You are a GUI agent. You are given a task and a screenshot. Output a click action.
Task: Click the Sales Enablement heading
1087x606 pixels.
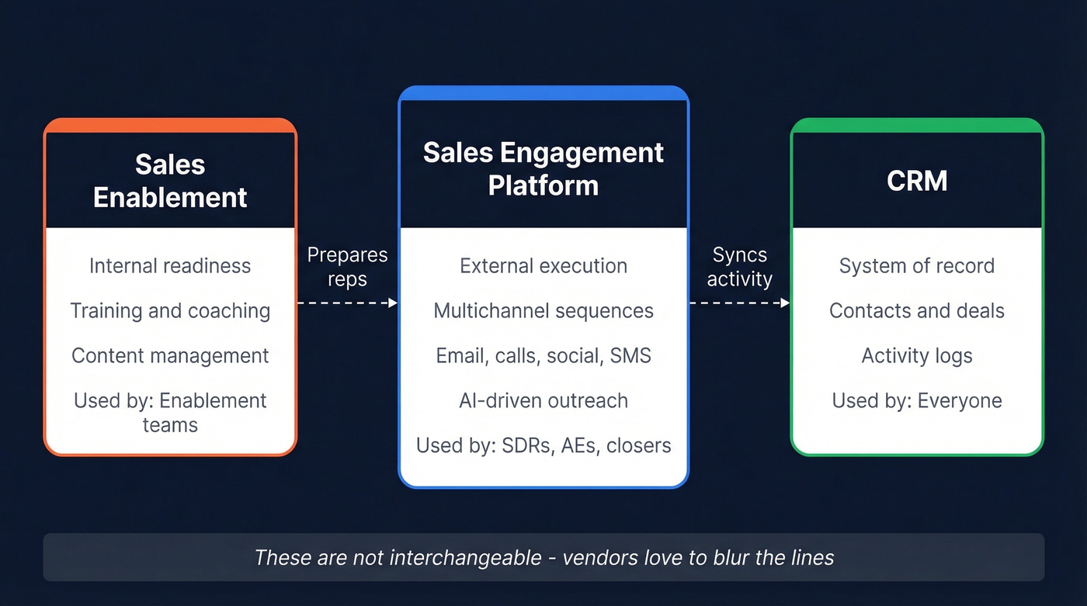pos(170,181)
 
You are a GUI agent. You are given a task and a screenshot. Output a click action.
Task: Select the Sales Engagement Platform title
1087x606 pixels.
pos(543,168)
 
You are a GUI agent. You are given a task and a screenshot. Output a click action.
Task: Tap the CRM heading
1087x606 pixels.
pos(916,181)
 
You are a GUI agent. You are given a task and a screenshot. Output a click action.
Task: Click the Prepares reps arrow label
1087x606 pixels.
pos(347,267)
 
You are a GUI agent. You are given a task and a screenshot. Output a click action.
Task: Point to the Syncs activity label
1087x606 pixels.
pos(739,267)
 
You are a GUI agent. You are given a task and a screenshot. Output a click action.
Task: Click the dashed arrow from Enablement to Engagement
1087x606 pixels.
pos(347,303)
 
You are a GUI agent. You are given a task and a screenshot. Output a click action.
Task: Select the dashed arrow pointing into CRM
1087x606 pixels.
pos(739,303)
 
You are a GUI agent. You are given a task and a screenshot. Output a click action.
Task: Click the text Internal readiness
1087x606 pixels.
pos(170,266)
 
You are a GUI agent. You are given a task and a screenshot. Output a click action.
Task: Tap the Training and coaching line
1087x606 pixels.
pos(170,311)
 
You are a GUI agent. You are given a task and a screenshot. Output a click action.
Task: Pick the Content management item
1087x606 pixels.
pos(170,356)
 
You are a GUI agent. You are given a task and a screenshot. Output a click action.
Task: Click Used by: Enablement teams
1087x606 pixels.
pos(170,412)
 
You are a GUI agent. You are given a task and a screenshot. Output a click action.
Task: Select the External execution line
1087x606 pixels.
pos(543,266)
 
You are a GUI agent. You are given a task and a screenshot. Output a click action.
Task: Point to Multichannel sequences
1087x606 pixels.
pos(543,311)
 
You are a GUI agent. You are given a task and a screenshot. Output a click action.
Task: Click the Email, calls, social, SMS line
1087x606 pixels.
pos(543,356)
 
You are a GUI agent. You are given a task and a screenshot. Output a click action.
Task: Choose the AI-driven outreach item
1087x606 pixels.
pos(543,401)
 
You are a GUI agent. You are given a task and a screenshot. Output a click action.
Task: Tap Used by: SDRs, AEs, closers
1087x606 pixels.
pos(543,446)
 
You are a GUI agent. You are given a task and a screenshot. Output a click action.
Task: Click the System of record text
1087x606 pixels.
pos(916,266)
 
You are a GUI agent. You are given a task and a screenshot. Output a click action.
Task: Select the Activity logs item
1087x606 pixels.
pos(916,356)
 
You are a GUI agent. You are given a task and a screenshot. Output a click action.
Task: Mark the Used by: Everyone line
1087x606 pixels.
pos(916,401)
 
